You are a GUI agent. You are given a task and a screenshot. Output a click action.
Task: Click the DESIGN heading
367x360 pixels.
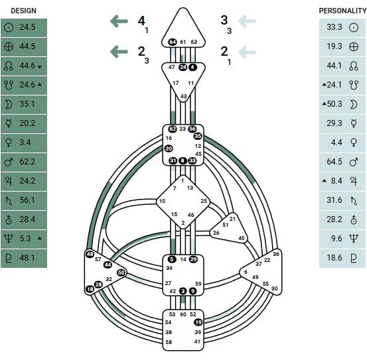coord(24,11)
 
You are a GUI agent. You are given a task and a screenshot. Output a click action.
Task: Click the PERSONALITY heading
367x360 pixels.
coord(342,11)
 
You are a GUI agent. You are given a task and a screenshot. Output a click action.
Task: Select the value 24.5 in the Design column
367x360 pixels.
coord(27,27)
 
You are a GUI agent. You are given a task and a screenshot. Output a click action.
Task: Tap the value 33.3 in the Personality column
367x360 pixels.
coord(334,27)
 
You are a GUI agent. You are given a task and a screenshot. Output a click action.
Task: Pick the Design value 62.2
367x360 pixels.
coord(27,162)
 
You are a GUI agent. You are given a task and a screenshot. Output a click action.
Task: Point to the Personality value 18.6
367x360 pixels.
coord(334,258)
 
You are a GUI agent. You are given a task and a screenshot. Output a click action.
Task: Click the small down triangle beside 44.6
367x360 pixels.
coord(40,67)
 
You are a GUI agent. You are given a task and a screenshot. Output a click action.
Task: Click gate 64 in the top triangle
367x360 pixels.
coord(173,42)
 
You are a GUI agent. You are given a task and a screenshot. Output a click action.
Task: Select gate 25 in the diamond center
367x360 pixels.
coord(204,201)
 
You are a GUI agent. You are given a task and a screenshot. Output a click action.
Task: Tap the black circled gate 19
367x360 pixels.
coord(198,322)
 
